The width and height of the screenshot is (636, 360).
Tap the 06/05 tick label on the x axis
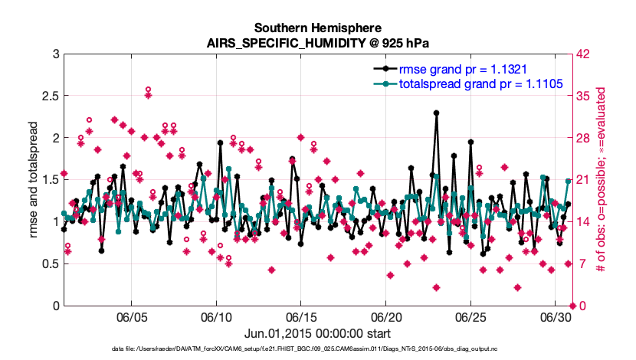point(131,317)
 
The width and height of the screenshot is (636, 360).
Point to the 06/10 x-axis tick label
point(216,317)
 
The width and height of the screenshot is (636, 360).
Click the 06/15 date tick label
point(301,317)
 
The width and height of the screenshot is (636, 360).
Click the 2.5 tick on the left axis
point(48,96)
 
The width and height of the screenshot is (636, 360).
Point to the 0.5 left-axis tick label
point(48,264)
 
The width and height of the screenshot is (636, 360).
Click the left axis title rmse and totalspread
point(33,180)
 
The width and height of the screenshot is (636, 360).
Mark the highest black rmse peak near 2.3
point(436,113)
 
